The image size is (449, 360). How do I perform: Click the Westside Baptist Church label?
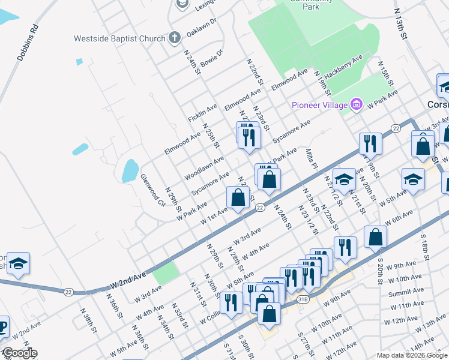(x=119, y=38)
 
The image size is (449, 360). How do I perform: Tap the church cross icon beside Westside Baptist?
(x=174, y=38)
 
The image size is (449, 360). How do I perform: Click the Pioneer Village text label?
(x=319, y=105)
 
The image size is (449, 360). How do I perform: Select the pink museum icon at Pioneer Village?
(x=357, y=105)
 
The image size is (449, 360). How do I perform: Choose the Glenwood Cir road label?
(x=152, y=191)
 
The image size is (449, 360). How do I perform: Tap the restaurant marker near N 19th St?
(x=370, y=144)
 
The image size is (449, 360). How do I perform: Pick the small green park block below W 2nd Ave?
(x=166, y=273)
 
